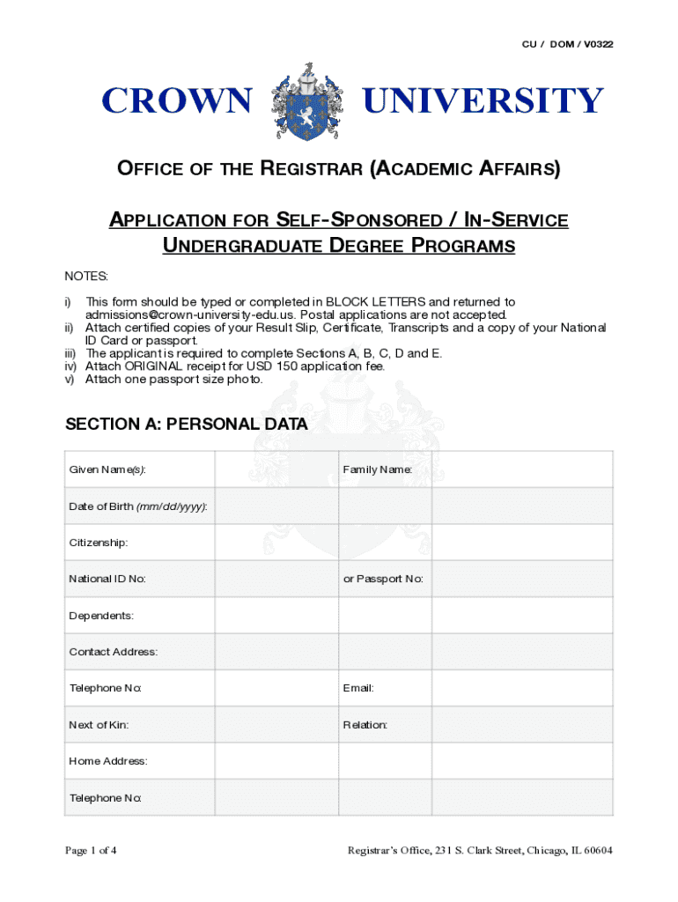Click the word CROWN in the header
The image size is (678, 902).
click(x=176, y=102)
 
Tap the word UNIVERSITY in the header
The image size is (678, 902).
click(x=483, y=102)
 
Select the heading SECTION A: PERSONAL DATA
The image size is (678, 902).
click(x=187, y=425)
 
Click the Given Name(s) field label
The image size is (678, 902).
click(x=107, y=469)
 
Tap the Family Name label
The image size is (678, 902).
click(x=378, y=469)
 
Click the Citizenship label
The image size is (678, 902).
click(x=99, y=543)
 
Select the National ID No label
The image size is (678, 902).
click(x=107, y=579)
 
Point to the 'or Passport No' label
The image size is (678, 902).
click(x=383, y=579)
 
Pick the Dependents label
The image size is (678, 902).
click(x=101, y=616)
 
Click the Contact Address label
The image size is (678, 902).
click(x=114, y=652)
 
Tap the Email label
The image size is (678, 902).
click(x=358, y=688)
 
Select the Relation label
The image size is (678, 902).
click(x=365, y=725)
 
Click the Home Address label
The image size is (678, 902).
click(x=108, y=761)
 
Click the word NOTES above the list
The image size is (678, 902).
click(x=85, y=277)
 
